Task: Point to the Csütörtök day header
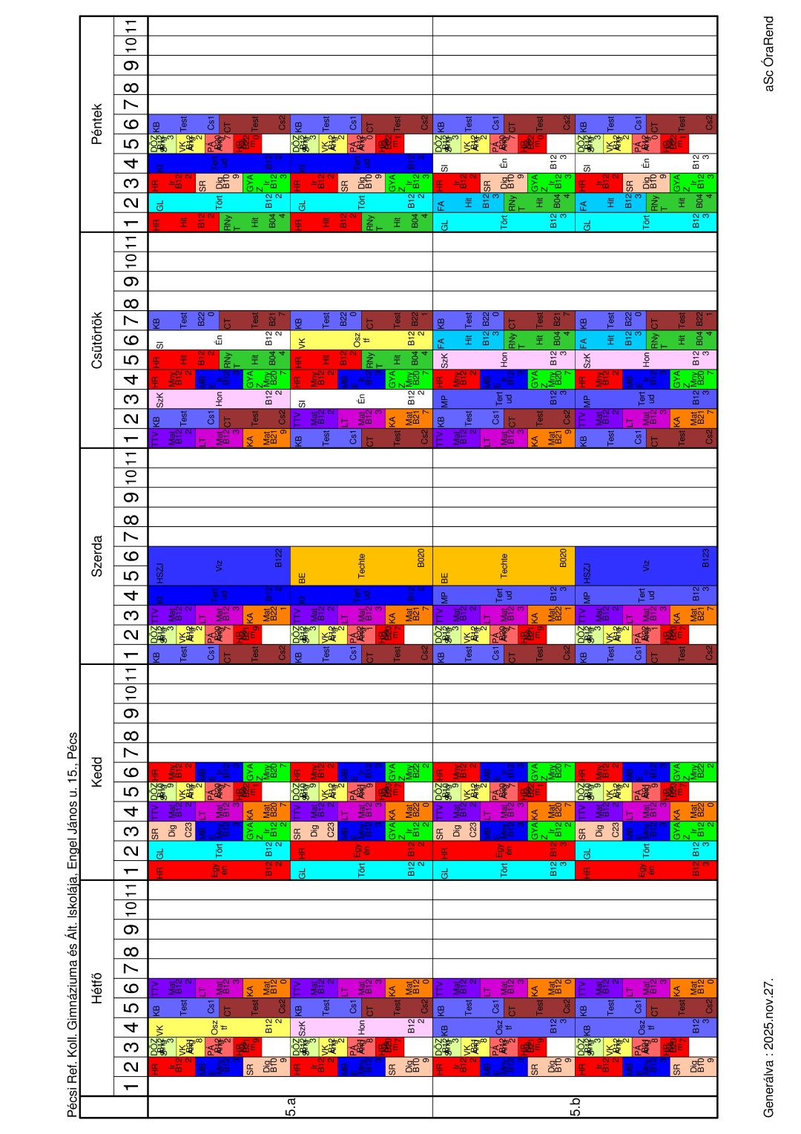pos(96,340)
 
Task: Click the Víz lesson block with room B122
pos(219,566)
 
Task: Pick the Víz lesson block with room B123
pos(646,566)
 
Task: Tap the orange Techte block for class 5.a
pos(361,566)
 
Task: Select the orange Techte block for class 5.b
pos(504,566)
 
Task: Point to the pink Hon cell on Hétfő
pos(361,1027)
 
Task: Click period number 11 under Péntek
pos(131,26)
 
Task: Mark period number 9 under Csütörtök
pos(131,281)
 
